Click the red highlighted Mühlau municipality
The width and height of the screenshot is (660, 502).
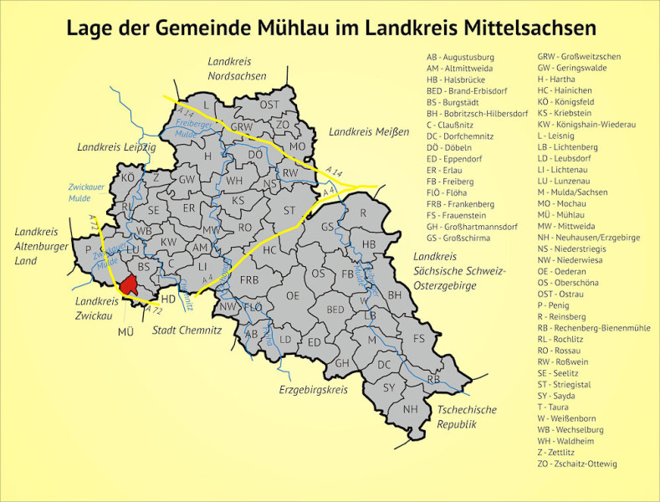(128, 285)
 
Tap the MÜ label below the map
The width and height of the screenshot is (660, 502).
(125, 331)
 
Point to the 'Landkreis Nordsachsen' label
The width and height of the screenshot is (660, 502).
(237, 69)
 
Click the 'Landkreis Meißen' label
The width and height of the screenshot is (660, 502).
(369, 132)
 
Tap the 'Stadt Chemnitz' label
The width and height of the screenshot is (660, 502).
(187, 330)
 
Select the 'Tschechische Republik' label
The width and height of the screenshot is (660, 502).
(467, 417)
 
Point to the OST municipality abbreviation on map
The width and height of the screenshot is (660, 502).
(269, 105)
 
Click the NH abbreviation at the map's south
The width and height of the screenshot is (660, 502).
(410, 409)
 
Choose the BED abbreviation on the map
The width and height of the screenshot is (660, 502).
(335, 310)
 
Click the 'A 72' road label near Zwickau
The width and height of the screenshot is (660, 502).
(153, 310)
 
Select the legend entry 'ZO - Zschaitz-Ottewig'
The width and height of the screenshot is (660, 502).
(577, 464)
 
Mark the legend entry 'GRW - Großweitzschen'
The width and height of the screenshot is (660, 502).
(579, 57)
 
